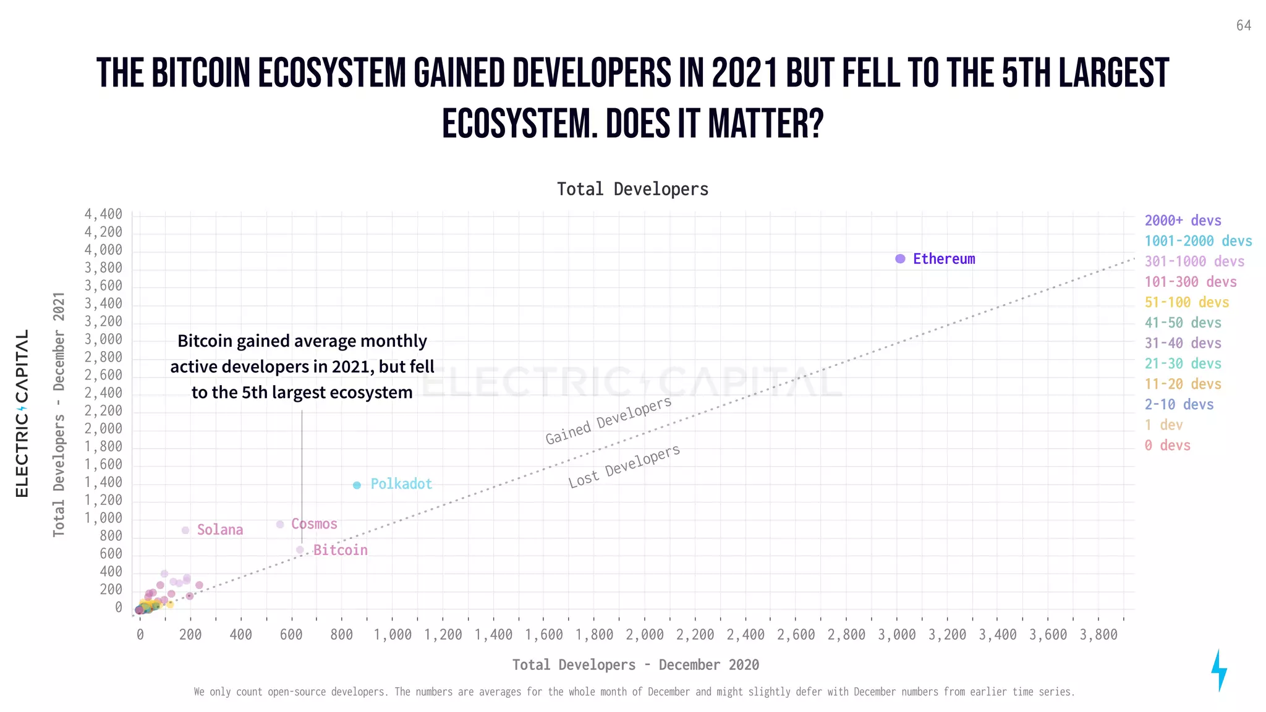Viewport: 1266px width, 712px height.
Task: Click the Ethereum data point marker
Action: [900, 259]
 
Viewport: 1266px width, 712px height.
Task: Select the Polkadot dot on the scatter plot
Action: [357, 485]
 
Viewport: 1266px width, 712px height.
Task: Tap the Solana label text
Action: [220, 530]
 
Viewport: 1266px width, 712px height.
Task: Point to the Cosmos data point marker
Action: [280, 524]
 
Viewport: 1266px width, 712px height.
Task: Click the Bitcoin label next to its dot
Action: [340, 550]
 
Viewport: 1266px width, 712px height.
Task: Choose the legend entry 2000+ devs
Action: [1183, 221]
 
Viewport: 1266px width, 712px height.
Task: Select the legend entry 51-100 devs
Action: [1186, 302]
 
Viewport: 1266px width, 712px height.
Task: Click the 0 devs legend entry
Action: [1167, 445]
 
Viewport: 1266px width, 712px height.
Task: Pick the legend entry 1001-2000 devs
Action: [1198, 241]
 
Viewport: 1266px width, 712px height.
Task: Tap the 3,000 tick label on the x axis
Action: [896, 635]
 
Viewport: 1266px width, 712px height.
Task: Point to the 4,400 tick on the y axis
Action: [103, 214]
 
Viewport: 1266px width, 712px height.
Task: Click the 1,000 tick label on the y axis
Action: [103, 518]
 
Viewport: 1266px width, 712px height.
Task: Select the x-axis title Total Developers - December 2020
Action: [635, 664]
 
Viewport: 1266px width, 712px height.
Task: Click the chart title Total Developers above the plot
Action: [632, 189]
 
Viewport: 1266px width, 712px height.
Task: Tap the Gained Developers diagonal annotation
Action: [608, 420]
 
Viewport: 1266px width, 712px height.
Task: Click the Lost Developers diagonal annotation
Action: [624, 466]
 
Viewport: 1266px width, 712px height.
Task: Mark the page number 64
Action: [1244, 25]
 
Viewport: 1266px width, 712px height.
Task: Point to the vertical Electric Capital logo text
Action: [22, 413]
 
